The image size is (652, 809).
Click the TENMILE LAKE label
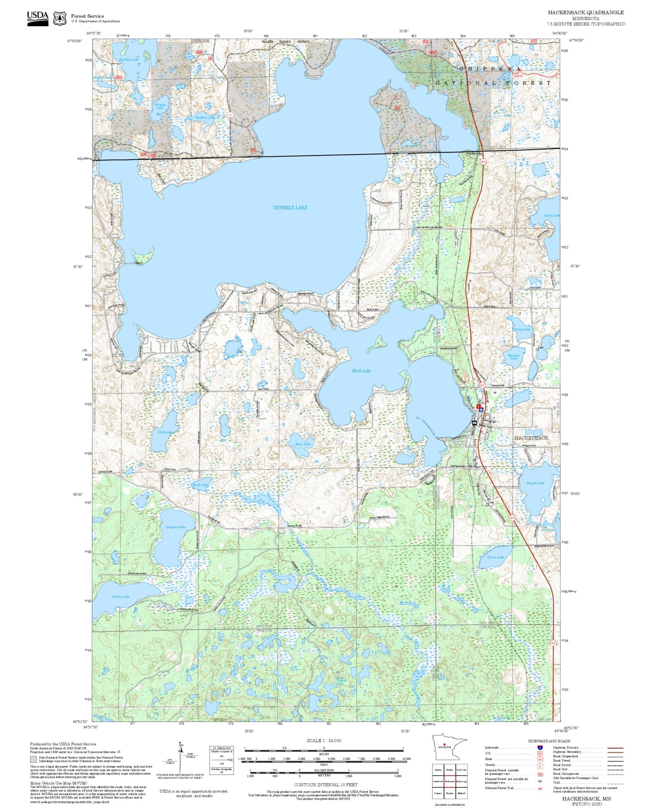point(290,208)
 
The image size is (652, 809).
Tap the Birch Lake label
point(361,371)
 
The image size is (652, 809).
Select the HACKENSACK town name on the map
point(531,438)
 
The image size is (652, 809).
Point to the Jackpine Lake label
point(176,527)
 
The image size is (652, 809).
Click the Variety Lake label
point(120,597)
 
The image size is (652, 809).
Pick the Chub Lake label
point(165,432)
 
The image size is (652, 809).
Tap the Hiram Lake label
point(495,557)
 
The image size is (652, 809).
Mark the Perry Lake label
point(303,444)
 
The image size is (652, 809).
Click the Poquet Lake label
point(535,483)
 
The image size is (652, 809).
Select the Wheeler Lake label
point(159,106)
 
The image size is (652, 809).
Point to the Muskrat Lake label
point(205,118)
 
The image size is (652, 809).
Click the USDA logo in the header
point(37,18)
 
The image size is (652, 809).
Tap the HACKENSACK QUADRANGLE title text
point(586,13)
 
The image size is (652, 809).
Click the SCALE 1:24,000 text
point(324,741)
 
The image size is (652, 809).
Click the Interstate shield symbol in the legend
point(540,748)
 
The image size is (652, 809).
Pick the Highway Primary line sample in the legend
point(615,748)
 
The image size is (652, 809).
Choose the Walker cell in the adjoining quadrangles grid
point(450,770)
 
